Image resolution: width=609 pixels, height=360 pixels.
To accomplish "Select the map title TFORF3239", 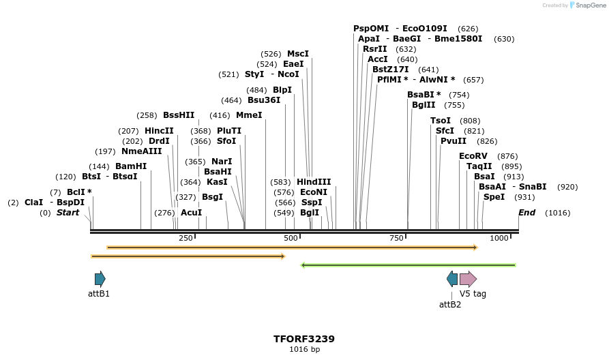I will coord(303,339).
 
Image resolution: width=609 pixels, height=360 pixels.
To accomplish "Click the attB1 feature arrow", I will coord(100,278).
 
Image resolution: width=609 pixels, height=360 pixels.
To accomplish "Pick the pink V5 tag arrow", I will coord(468,278).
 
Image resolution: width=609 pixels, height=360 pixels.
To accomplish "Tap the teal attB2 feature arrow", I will coord(452,278).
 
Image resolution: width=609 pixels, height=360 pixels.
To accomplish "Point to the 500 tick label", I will coord(291,238).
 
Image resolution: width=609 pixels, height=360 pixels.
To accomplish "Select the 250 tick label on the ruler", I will coord(185,238).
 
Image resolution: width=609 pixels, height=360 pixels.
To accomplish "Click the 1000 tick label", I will coord(499,238).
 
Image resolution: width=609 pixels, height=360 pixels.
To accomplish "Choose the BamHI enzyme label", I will coord(130,166).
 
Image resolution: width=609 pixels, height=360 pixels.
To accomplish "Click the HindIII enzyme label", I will coord(314,182).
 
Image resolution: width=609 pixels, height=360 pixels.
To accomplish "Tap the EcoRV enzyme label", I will coord(473,156).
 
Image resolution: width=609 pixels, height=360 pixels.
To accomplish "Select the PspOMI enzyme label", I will coord(371,29).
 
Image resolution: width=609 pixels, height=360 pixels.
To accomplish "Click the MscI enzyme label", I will coord(297,54).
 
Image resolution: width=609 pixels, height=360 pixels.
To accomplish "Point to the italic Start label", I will coord(68,213).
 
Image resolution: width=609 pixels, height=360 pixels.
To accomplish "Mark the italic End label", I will coord(526,213).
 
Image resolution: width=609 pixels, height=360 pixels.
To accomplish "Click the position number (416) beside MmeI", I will coord(220,115).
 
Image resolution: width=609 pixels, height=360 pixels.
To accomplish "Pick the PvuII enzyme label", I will coord(454,141).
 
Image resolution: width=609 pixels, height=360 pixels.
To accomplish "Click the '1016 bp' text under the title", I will coord(304,350).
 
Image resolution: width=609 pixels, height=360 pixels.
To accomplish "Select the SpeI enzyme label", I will coord(494,197).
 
